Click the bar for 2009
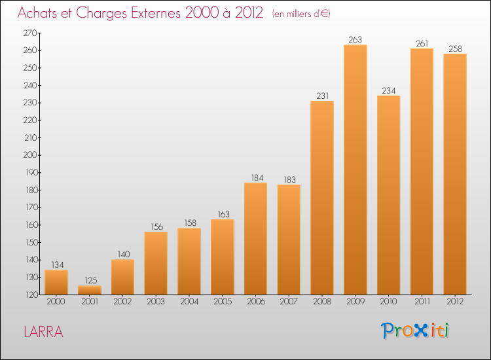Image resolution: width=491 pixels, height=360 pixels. point(355,170)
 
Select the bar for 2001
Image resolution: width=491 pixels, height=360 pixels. point(90,290)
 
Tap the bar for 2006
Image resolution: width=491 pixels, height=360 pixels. point(256,239)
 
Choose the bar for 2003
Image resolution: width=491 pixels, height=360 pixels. point(156,263)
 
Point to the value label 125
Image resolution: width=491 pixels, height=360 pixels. point(90,280)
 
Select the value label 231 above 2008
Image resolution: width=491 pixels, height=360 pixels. point(322,95)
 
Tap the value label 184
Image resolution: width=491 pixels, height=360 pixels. point(256,177)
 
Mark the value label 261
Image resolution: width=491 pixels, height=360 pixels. point(422,43)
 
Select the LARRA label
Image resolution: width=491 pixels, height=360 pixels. point(43,332)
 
